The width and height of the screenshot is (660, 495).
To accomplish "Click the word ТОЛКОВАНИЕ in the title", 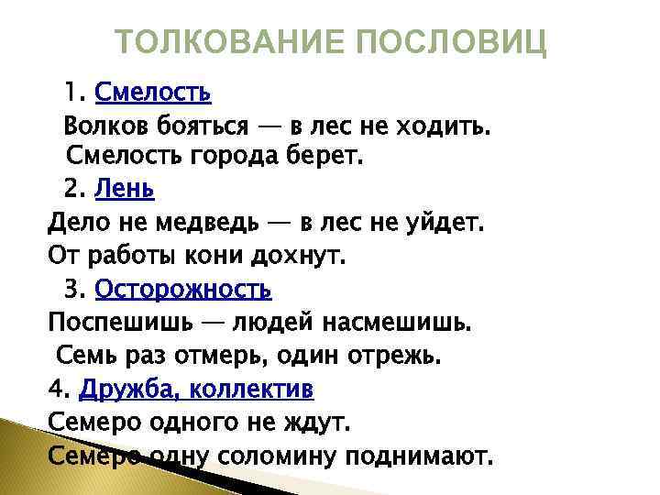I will (225, 42).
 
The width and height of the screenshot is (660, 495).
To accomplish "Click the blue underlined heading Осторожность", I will (183, 290).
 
